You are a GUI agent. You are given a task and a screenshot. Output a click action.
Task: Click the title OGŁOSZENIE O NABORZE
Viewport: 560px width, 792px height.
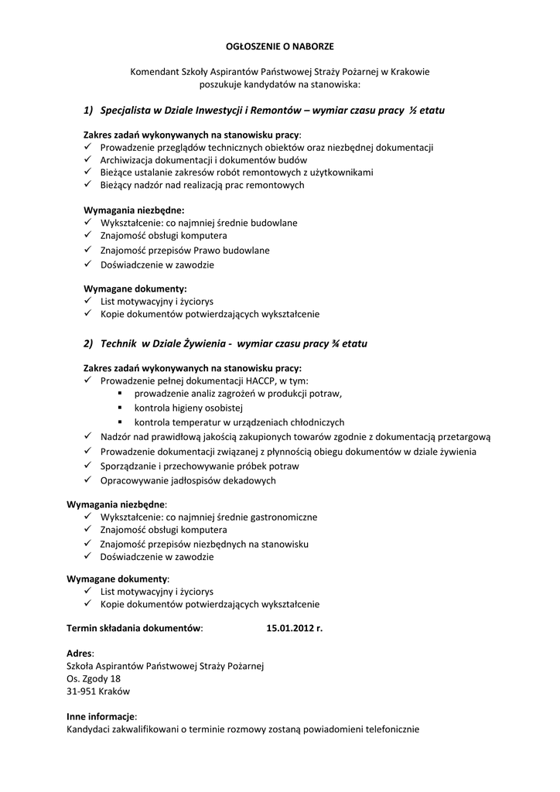click(x=279, y=47)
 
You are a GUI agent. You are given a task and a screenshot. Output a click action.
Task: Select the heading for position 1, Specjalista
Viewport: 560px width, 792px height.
click(x=264, y=111)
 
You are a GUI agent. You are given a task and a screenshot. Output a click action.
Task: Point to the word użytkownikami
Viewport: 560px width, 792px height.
click(x=343, y=172)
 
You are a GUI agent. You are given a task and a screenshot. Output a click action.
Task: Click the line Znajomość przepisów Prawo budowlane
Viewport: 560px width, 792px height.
click(x=185, y=250)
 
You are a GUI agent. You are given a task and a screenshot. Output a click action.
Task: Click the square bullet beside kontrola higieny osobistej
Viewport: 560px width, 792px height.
click(x=121, y=408)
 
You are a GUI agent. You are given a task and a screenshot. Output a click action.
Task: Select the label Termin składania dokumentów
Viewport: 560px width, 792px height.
click(x=135, y=628)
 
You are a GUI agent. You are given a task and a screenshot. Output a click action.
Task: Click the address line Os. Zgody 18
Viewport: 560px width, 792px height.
click(x=94, y=678)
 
